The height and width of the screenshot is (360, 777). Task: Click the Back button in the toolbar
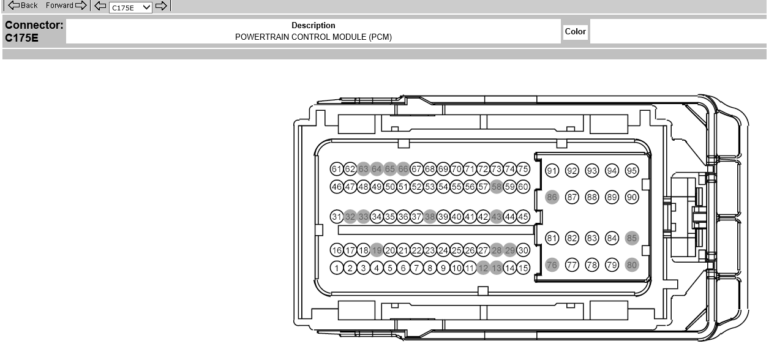pyautogui.click(x=23, y=5)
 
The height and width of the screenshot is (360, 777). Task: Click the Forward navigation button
pyautogui.click(x=66, y=5)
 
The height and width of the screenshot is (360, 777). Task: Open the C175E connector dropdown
pyautogui.click(x=130, y=7)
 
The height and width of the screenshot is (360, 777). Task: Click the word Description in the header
pyautogui.click(x=313, y=25)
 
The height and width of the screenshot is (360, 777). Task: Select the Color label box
pyautogui.click(x=575, y=32)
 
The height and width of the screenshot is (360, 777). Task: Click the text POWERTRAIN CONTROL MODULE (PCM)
pyautogui.click(x=313, y=37)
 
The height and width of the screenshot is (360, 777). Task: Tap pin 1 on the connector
pyautogui.click(x=337, y=268)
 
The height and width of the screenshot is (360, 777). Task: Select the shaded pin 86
pyautogui.click(x=552, y=197)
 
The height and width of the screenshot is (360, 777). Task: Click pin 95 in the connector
pyautogui.click(x=632, y=171)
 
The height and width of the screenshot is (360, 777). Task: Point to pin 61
pyautogui.click(x=337, y=169)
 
